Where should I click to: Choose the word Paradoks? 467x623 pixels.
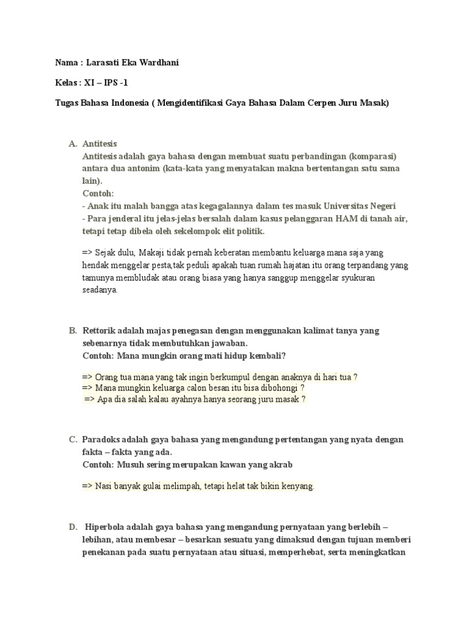pyautogui.click(x=102, y=440)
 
